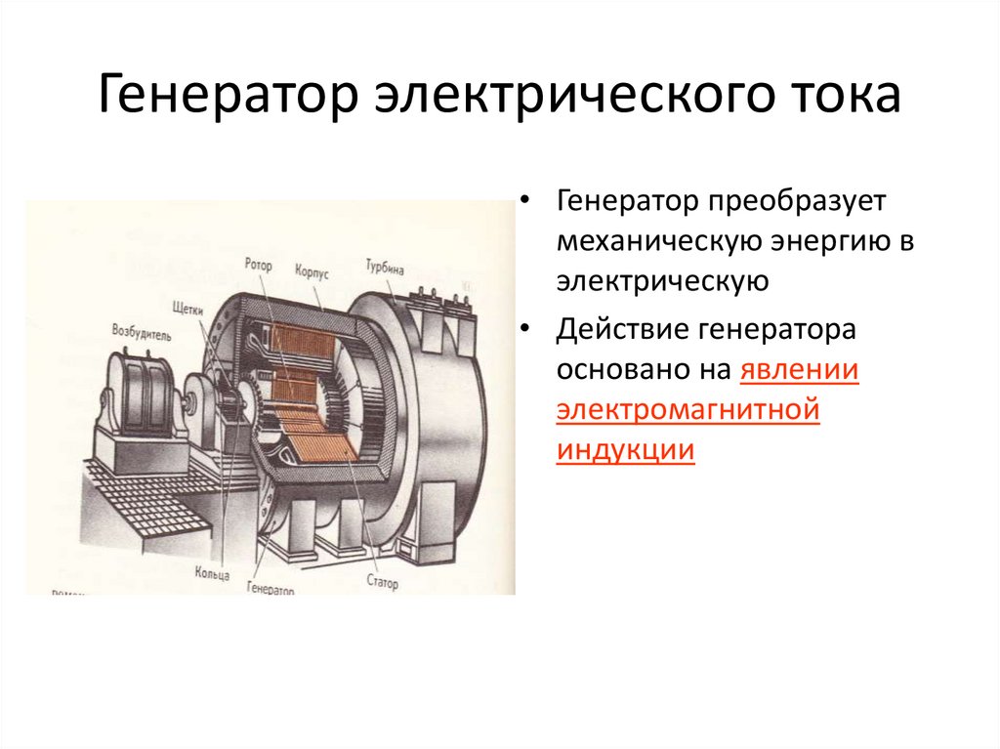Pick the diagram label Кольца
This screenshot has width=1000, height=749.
click(212, 569)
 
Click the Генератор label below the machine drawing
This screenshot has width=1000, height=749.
click(271, 589)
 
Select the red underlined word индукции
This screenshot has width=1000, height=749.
click(626, 451)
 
